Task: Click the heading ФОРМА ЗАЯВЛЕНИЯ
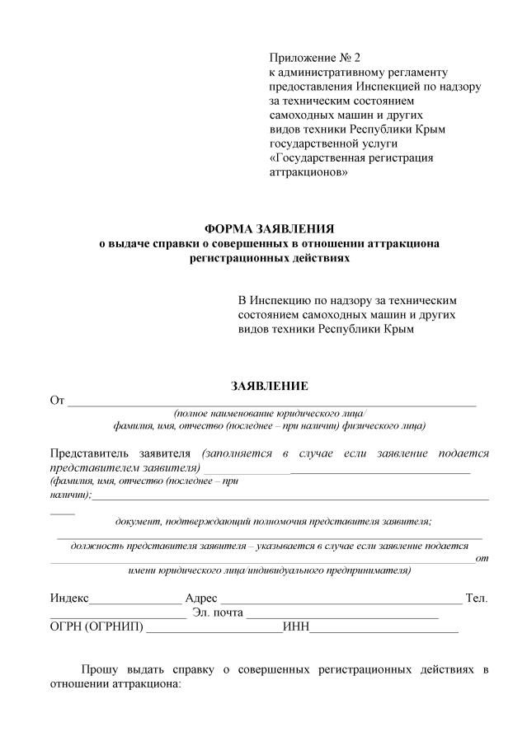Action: click(270, 228)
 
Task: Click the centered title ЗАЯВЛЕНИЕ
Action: click(269, 386)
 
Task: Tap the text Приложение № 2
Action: click(315, 58)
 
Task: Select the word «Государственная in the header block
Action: click(322, 158)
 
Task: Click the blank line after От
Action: click(272, 404)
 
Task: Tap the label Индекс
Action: click(69, 598)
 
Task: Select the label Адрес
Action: click(201, 598)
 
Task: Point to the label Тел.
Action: click(477, 598)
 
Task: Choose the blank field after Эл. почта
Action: click(342, 616)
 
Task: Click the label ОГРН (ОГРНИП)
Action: click(96, 627)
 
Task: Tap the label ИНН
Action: click(295, 627)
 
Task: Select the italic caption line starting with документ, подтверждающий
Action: click(273, 521)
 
